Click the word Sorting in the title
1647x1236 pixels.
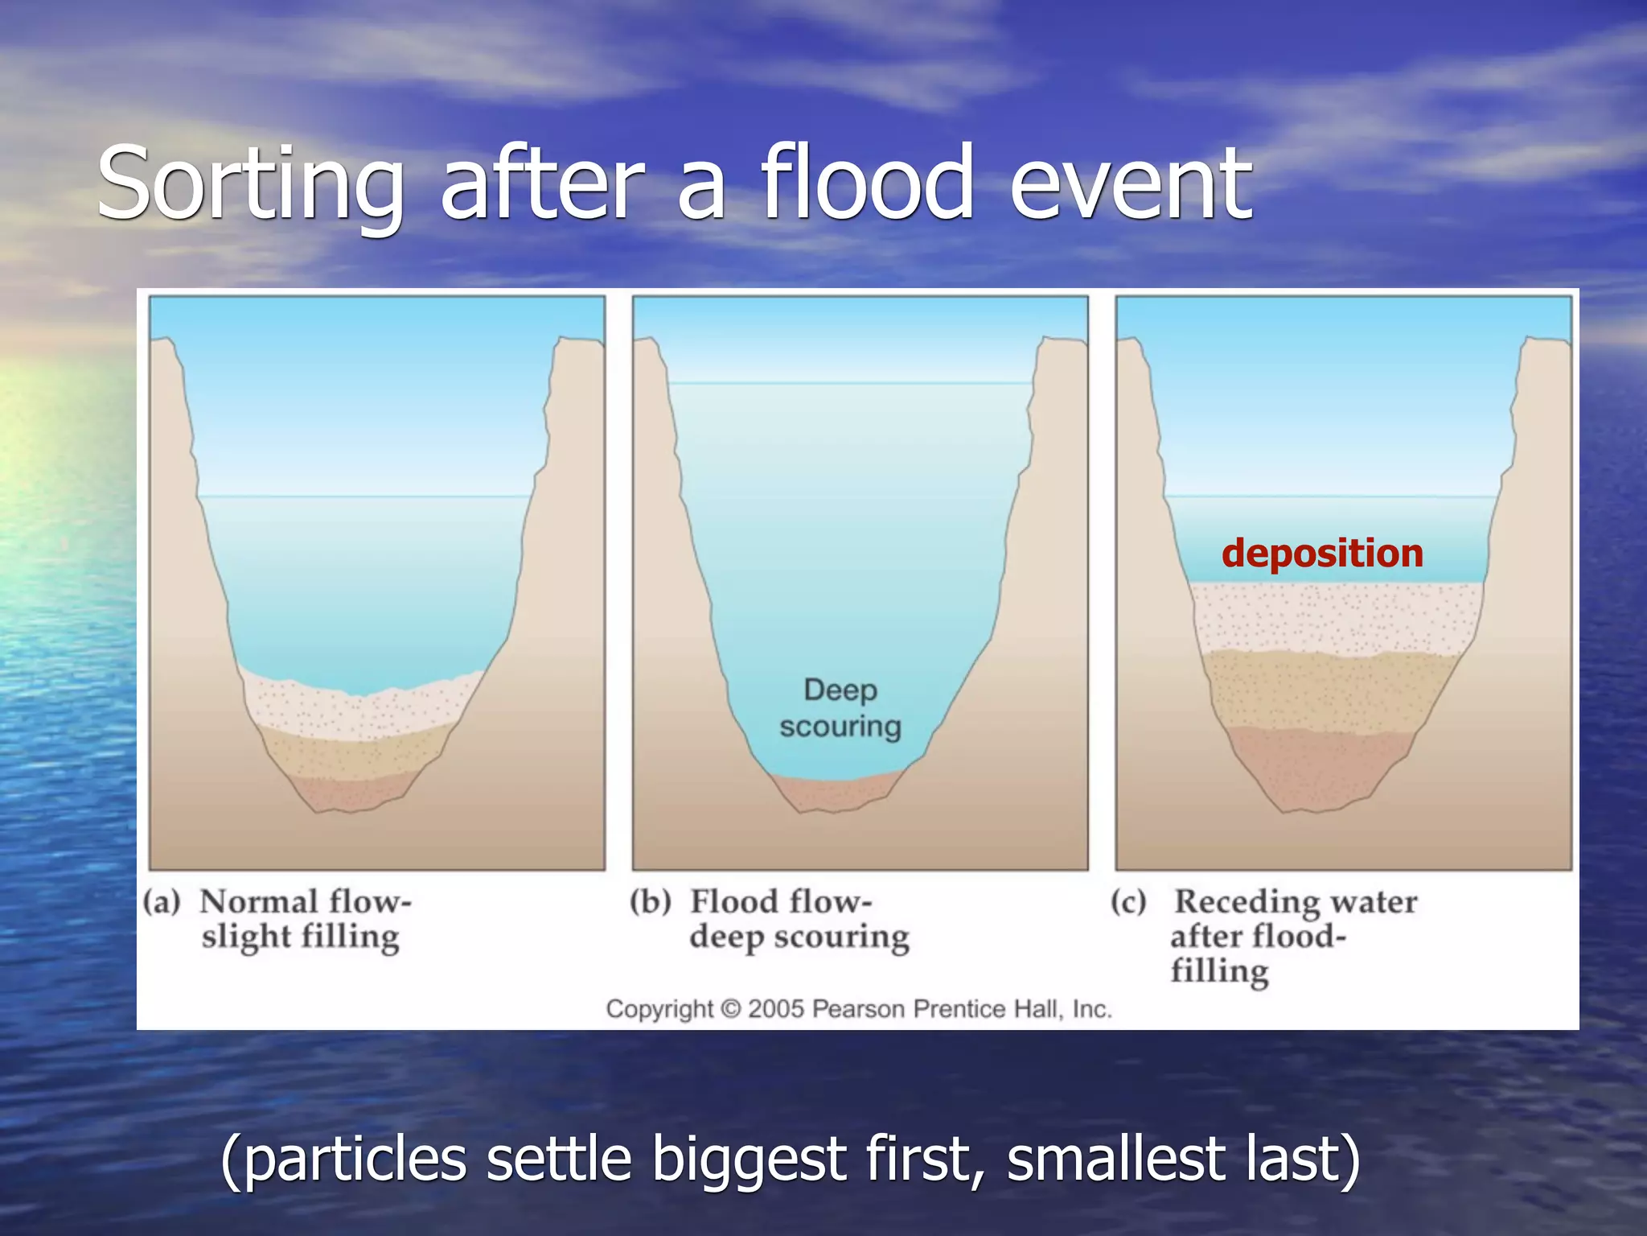pyautogui.click(x=249, y=185)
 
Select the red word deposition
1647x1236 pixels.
pyautogui.click(x=1322, y=554)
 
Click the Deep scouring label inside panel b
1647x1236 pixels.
pyautogui.click(x=840, y=708)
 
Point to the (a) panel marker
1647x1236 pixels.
pyautogui.click(x=162, y=901)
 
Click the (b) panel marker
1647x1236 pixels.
pyautogui.click(x=650, y=901)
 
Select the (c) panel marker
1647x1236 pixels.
pyautogui.click(x=1128, y=901)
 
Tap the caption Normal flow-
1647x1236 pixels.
pyautogui.click(x=306, y=901)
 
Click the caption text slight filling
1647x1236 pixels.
pyautogui.click(x=301, y=937)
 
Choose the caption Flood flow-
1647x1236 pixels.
pyautogui.click(x=781, y=901)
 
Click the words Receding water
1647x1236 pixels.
pyautogui.click(x=1295, y=901)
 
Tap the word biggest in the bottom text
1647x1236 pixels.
pyautogui.click(x=752, y=1159)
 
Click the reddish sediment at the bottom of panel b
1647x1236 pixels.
pyautogui.click(x=836, y=793)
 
